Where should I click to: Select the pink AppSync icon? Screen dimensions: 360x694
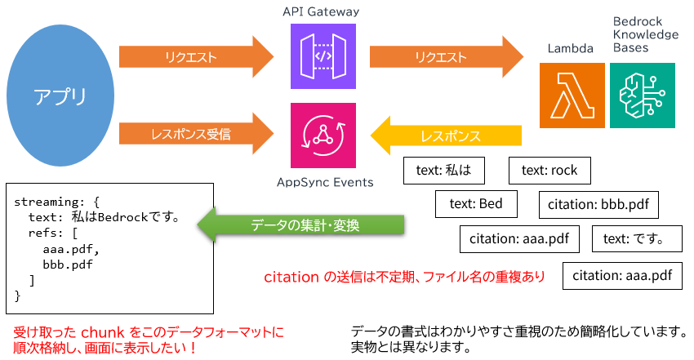pyautogui.click(x=323, y=135)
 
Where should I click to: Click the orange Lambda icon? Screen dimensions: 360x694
pyautogui.click(x=572, y=95)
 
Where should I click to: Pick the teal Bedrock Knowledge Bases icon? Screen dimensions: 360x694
pyautogui.click(x=643, y=95)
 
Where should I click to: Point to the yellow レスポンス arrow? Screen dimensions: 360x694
pyautogui.click(x=447, y=136)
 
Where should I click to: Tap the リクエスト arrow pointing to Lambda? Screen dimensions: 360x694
pyautogui.click(x=445, y=57)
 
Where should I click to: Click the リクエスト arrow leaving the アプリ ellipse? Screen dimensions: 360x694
pyautogui.click(x=194, y=57)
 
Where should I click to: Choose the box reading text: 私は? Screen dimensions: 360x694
pyautogui.click(x=444, y=171)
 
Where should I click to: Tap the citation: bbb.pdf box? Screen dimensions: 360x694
pyautogui.click(x=599, y=204)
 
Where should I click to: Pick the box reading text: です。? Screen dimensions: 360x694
pyautogui.click(x=631, y=239)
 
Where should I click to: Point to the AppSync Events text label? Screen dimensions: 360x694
pyautogui.click(x=323, y=181)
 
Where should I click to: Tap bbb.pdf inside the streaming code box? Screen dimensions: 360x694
pyautogui.click(x=68, y=264)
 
